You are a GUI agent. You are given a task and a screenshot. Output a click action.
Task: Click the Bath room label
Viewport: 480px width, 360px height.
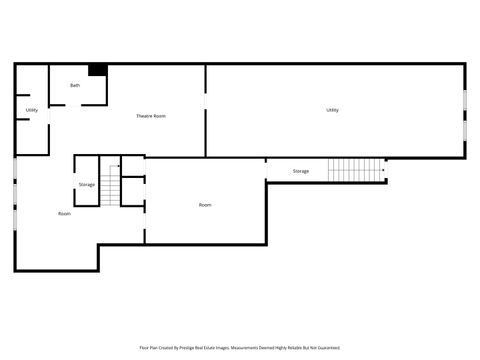tap(75, 86)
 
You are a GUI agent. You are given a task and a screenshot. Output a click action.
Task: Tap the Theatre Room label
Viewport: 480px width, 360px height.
tap(151, 116)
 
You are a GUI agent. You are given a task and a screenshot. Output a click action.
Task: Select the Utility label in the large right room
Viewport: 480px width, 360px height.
tap(332, 110)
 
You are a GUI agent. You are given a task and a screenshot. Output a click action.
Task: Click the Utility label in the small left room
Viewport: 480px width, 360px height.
tap(32, 110)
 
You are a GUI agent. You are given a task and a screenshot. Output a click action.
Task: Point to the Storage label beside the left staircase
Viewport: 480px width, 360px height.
tap(87, 185)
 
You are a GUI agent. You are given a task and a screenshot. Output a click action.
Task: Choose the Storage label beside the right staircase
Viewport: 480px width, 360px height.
tap(301, 171)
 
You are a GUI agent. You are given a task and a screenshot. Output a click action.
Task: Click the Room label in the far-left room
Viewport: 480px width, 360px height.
tap(64, 213)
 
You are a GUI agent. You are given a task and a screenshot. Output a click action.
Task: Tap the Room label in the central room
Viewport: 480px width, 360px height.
tap(205, 205)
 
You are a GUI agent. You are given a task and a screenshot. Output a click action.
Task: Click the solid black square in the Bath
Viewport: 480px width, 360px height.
tap(98, 70)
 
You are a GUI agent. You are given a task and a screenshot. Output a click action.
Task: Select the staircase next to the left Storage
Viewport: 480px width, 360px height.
tap(110, 183)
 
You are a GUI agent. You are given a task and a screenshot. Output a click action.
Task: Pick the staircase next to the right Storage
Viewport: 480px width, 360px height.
tap(356, 170)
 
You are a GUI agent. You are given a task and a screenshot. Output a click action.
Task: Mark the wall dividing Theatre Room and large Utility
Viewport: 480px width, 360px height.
tap(206, 110)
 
